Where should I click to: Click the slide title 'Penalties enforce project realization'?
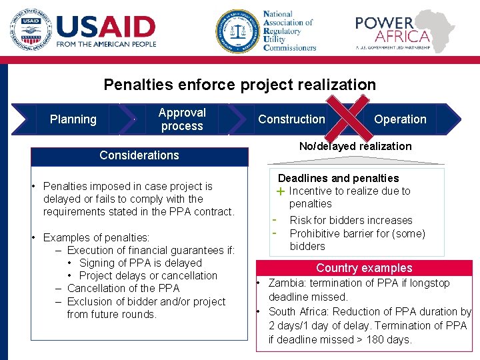click(x=239, y=85)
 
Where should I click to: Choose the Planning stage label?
click(x=73, y=119)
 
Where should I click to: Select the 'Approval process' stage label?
click(x=182, y=119)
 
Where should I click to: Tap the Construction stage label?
click(x=291, y=119)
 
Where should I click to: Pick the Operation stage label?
click(x=400, y=119)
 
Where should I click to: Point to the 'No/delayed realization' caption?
click(x=355, y=146)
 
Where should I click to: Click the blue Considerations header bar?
click(x=139, y=155)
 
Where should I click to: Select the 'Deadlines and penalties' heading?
click(x=338, y=178)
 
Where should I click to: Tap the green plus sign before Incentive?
click(x=281, y=191)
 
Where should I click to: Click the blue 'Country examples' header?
click(x=364, y=268)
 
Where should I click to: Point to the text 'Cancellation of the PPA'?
click(x=123, y=288)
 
